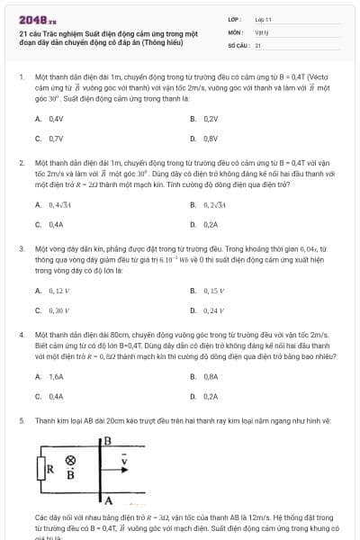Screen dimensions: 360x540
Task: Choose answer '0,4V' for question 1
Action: point(56,118)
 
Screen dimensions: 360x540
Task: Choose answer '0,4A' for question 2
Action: point(56,224)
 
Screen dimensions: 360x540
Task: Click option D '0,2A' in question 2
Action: point(211,224)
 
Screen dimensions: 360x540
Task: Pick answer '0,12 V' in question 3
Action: point(58,291)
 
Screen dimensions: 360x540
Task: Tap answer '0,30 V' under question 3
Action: point(58,310)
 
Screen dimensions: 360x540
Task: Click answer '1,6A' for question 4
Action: point(56,376)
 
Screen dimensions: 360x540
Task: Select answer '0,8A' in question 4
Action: point(211,376)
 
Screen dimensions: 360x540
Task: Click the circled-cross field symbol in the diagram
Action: point(71,459)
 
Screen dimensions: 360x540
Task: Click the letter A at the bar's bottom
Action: point(108,500)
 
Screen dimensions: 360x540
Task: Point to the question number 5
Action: point(22,420)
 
